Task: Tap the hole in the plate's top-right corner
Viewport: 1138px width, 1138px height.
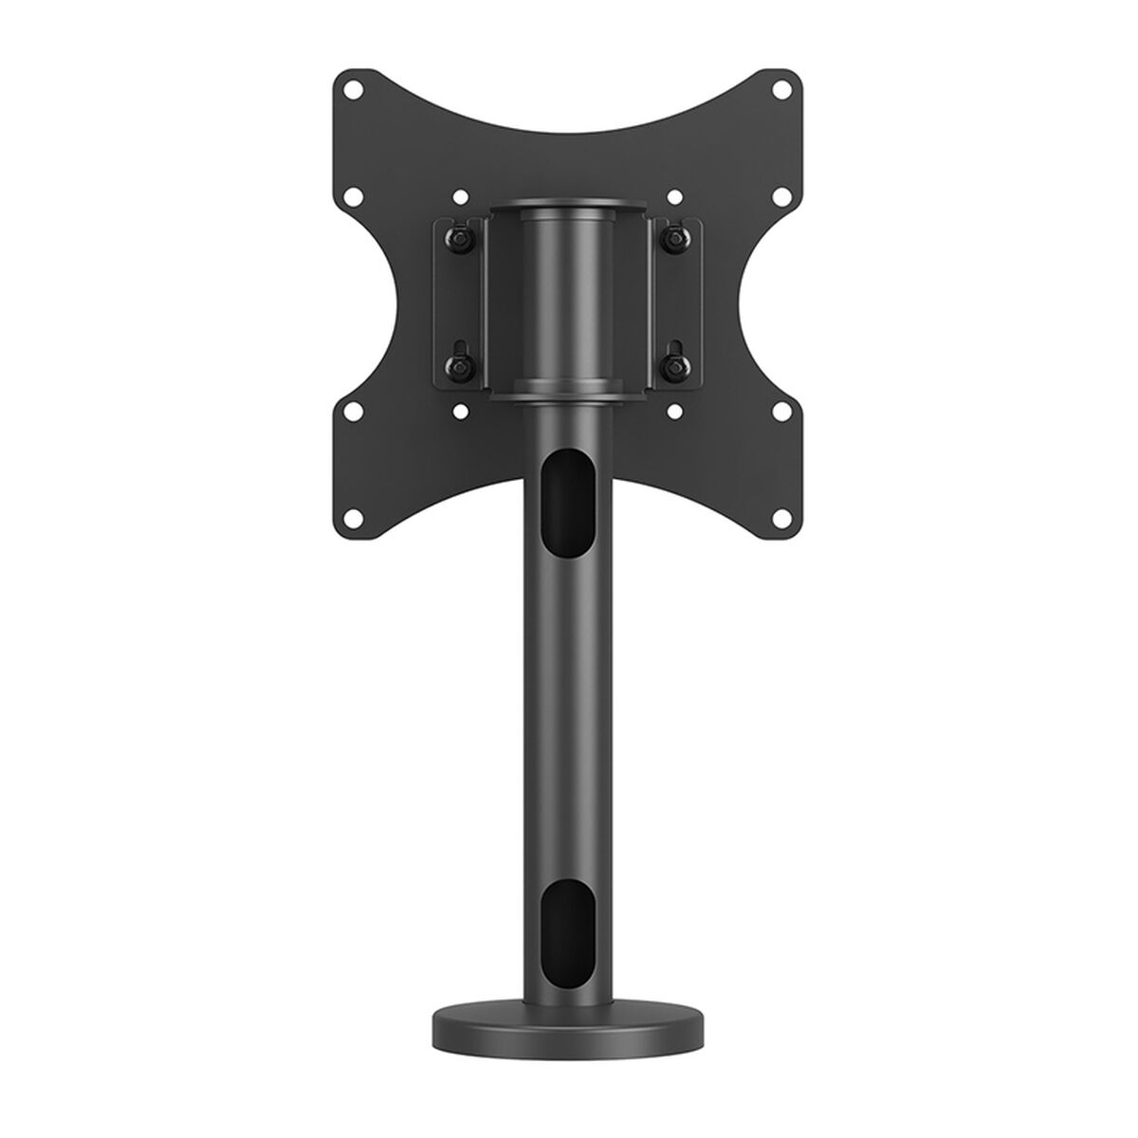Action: click(x=781, y=92)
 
